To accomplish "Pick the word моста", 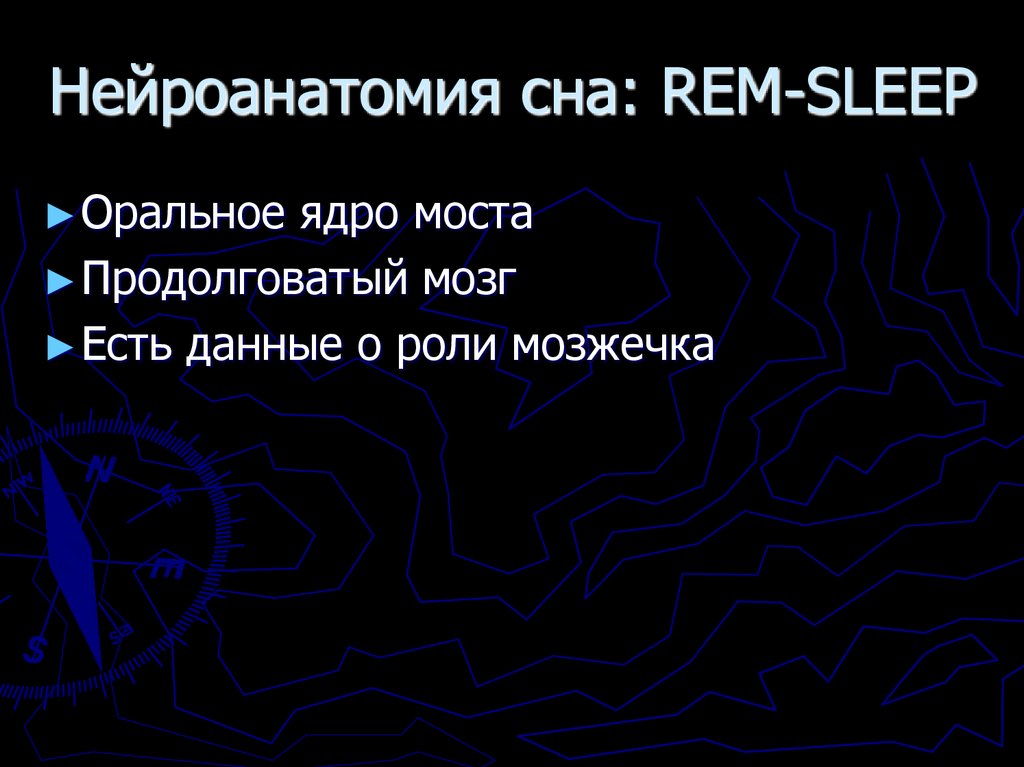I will (473, 216).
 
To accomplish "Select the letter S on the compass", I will (37, 650).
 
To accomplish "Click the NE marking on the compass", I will (170, 494).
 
